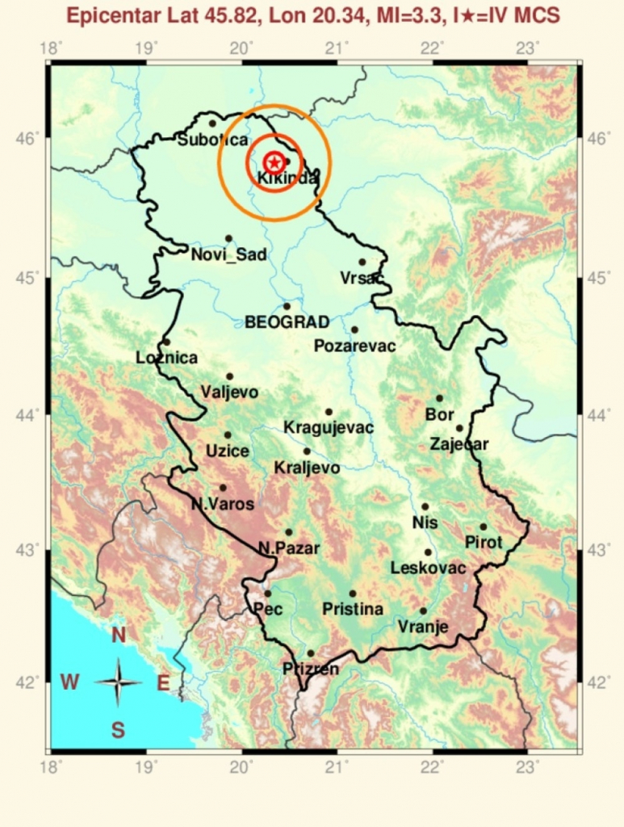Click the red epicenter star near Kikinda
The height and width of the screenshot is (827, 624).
tap(273, 163)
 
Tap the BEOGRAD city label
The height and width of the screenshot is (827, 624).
tap(287, 322)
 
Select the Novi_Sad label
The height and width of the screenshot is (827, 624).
tap(228, 255)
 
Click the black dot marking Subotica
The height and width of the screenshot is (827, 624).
tap(212, 124)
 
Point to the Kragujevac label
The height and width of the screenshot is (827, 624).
tap(329, 427)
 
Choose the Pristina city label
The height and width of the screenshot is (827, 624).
tap(352, 609)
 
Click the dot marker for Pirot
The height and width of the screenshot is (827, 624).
tap(484, 527)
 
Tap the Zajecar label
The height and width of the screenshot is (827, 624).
tap(459, 443)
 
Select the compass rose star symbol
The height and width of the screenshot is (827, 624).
tap(119, 682)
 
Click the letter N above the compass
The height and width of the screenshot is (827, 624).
tap(119, 636)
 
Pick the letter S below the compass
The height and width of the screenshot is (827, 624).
tap(118, 731)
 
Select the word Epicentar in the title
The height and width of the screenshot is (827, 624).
tap(111, 15)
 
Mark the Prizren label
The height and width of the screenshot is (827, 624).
tap(311, 668)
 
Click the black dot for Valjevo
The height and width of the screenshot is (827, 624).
tap(229, 376)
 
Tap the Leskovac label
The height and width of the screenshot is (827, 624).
tap(428, 569)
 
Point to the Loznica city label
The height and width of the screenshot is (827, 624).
tap(166, 357)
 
